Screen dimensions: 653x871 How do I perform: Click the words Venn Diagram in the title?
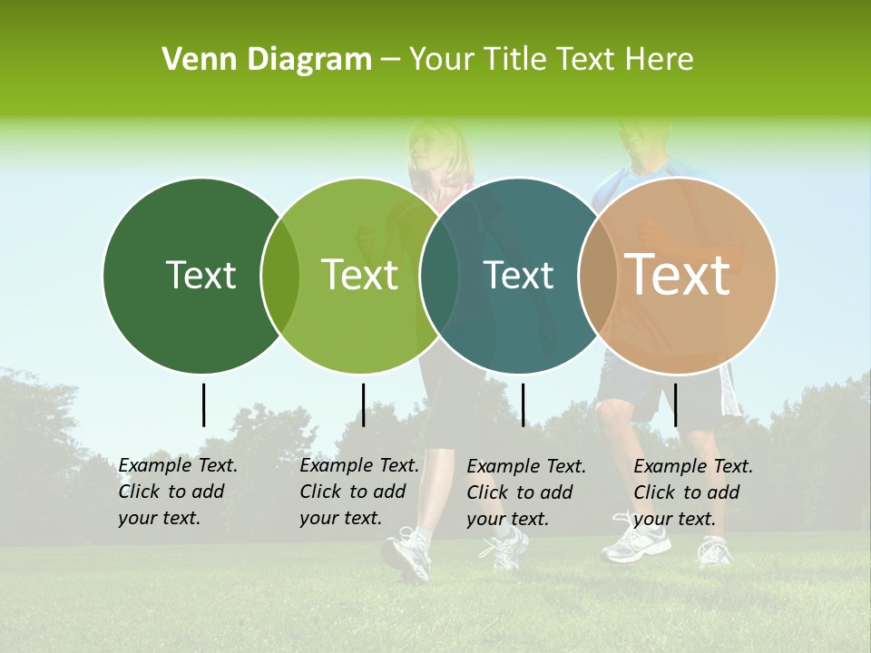267,60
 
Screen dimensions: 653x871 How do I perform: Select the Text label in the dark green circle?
201,275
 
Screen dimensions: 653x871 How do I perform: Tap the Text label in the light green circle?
359,275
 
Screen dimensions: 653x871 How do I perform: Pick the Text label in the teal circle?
518,275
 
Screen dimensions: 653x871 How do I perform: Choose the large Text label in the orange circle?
678,274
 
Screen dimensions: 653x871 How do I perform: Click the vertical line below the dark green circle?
203,404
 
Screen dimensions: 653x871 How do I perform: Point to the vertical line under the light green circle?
363,404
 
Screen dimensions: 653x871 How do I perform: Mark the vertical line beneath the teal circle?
523,404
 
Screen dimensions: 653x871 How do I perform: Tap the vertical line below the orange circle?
676,404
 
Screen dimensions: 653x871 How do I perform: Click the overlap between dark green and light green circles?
279,276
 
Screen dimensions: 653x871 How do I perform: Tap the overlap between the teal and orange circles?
597,276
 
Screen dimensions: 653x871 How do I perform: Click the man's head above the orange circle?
646,136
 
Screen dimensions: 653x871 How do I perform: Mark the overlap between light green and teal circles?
438,276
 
